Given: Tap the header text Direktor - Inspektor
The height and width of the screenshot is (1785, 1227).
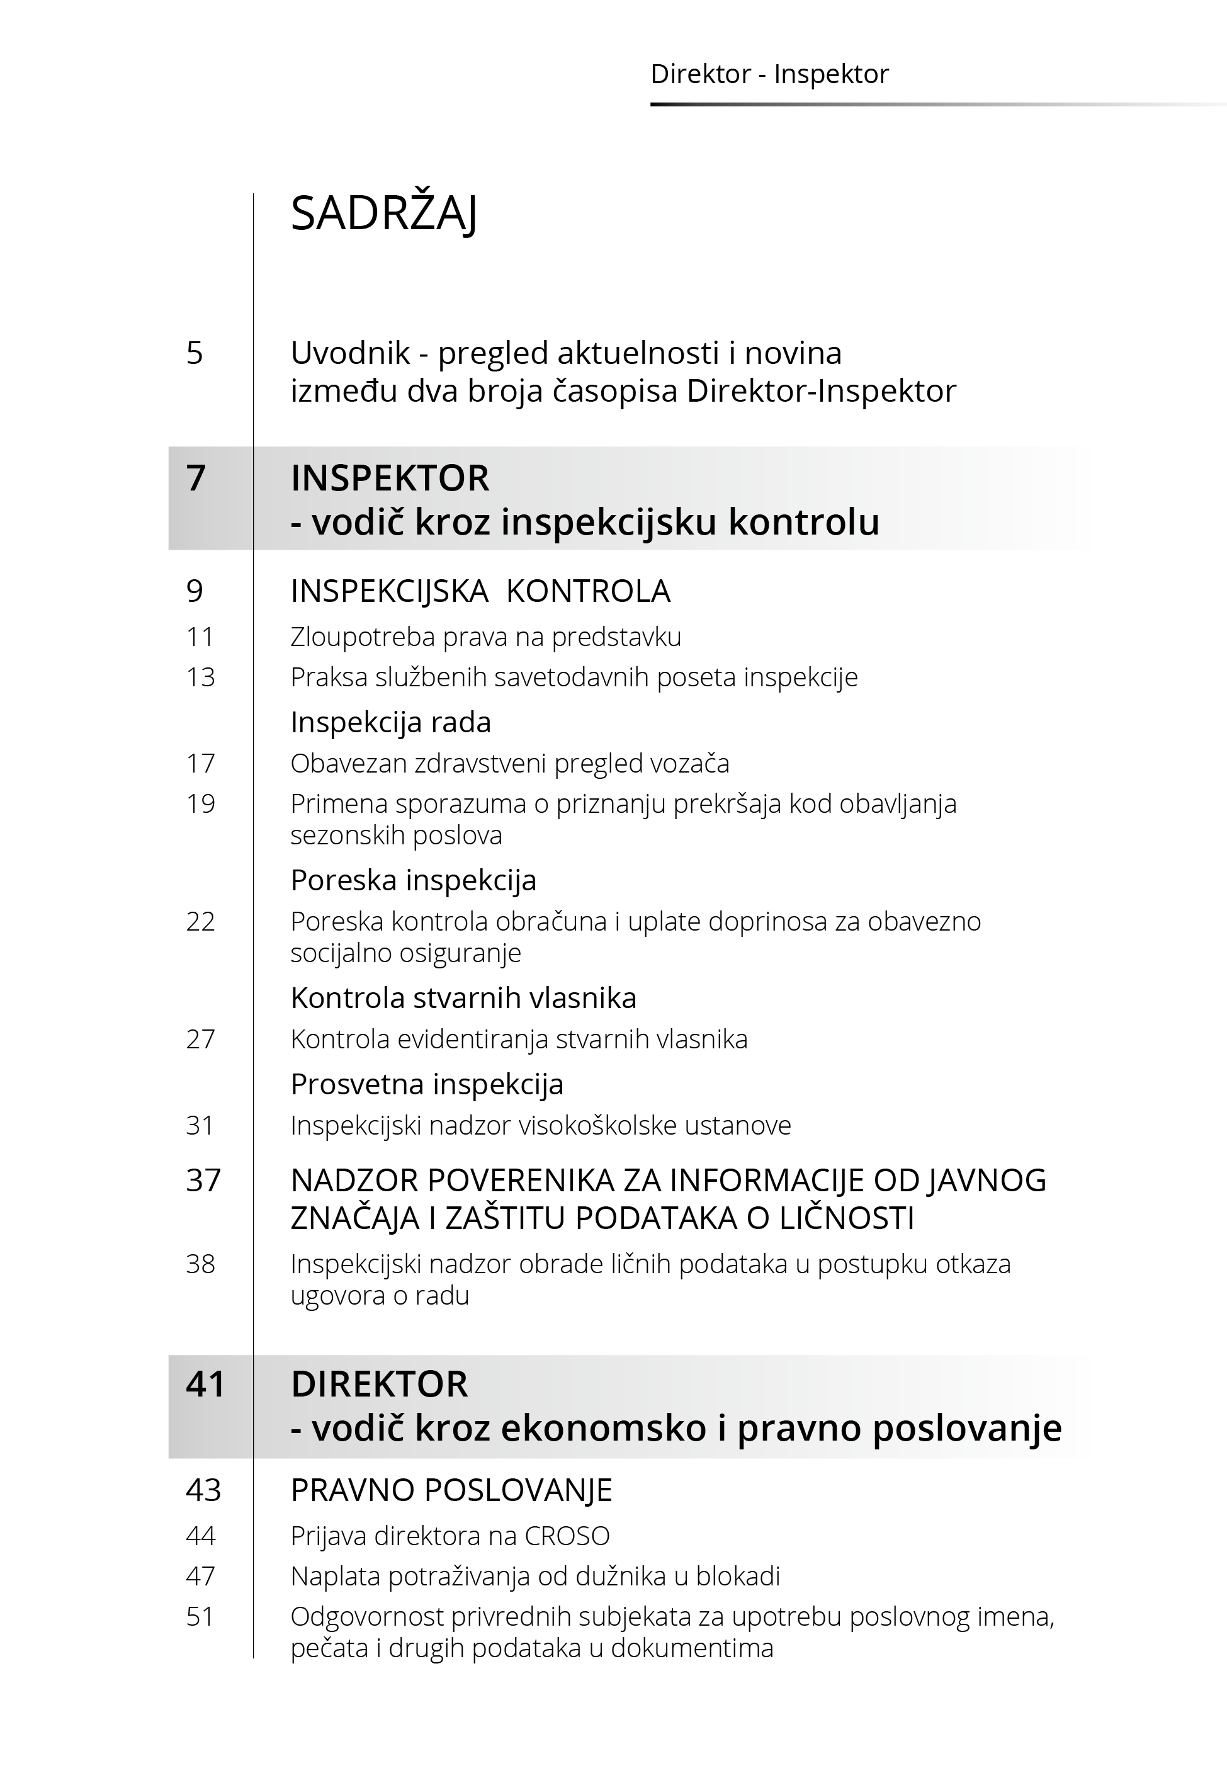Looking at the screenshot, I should coord(769,74).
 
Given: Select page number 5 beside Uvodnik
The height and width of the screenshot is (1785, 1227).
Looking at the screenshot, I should coord(195,354).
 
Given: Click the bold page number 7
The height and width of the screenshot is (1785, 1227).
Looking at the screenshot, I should coord(196,478).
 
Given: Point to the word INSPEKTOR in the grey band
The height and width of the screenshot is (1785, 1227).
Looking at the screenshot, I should coord(390,478).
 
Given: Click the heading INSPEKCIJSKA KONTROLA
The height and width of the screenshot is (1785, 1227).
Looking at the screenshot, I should coord(480,591).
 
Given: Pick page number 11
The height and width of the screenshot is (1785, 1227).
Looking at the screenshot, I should coord(200,637).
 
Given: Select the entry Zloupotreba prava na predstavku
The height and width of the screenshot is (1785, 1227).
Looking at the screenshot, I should coord(485,637).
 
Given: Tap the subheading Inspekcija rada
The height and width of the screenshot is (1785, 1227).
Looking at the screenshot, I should coord(390,723).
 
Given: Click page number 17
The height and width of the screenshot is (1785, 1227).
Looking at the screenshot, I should coord(200,763).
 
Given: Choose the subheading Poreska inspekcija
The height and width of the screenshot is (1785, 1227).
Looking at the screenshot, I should coord(413,880).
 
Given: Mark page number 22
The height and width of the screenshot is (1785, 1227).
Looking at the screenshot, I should coord(200,921).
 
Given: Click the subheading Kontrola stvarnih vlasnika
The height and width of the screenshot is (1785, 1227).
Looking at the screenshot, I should coord(463,998).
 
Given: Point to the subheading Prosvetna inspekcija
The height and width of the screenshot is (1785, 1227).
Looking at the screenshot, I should coord(427,1085).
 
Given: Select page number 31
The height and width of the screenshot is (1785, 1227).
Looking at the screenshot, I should coord(200,1125).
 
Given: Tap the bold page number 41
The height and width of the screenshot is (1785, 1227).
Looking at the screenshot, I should coord(205,1384).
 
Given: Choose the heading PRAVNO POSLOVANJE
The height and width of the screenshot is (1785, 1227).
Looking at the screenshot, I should coord(451,1490).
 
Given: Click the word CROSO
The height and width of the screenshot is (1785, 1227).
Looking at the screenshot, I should coord(567,1536).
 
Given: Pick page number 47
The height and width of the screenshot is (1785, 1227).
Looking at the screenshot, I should coord(200,1576).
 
